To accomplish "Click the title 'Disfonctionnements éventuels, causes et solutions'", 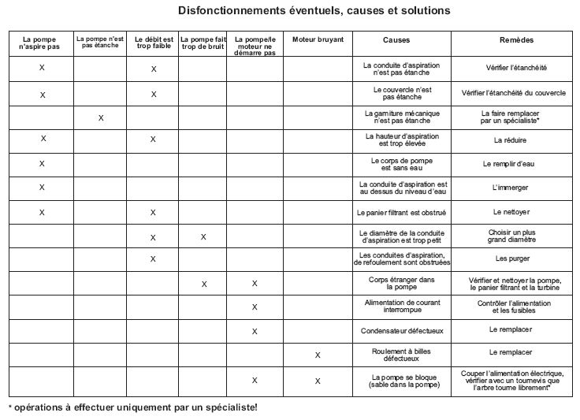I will click(303, 11).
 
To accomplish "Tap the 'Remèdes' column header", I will click(516, 39).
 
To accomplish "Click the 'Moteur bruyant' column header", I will click(318, 39).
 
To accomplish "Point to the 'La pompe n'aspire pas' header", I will click(42, 43).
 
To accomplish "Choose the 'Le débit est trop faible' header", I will click(154, 43).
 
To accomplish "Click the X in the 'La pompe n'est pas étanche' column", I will click(101, 118).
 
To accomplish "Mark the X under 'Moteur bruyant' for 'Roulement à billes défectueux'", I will click(318, 355).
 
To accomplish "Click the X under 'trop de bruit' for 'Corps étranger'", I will click(203, 284).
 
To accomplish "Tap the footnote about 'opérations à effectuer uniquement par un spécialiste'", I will click(132, 407).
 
